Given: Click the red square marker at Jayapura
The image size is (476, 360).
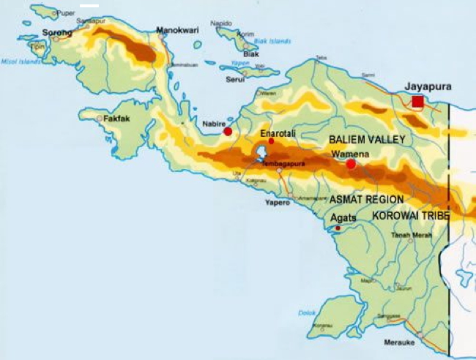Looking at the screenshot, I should click(x=417, y=102).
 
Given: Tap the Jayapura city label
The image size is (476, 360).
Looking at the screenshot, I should click(x=428, y=86).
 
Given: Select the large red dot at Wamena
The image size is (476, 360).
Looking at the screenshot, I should click(x=351, y=164).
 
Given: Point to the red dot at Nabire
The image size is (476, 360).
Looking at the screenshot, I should click(x=228, y=132).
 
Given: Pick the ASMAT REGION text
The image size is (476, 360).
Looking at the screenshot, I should click(x=366, y=199).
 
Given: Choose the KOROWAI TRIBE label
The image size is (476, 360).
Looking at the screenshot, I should click(x=411, y=216).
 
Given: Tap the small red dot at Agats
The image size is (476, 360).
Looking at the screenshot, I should click(x=338, y=229).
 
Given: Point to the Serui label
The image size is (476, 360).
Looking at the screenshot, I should click(x=234, y=79).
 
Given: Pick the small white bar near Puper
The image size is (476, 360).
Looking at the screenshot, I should click(x=89, y=6).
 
